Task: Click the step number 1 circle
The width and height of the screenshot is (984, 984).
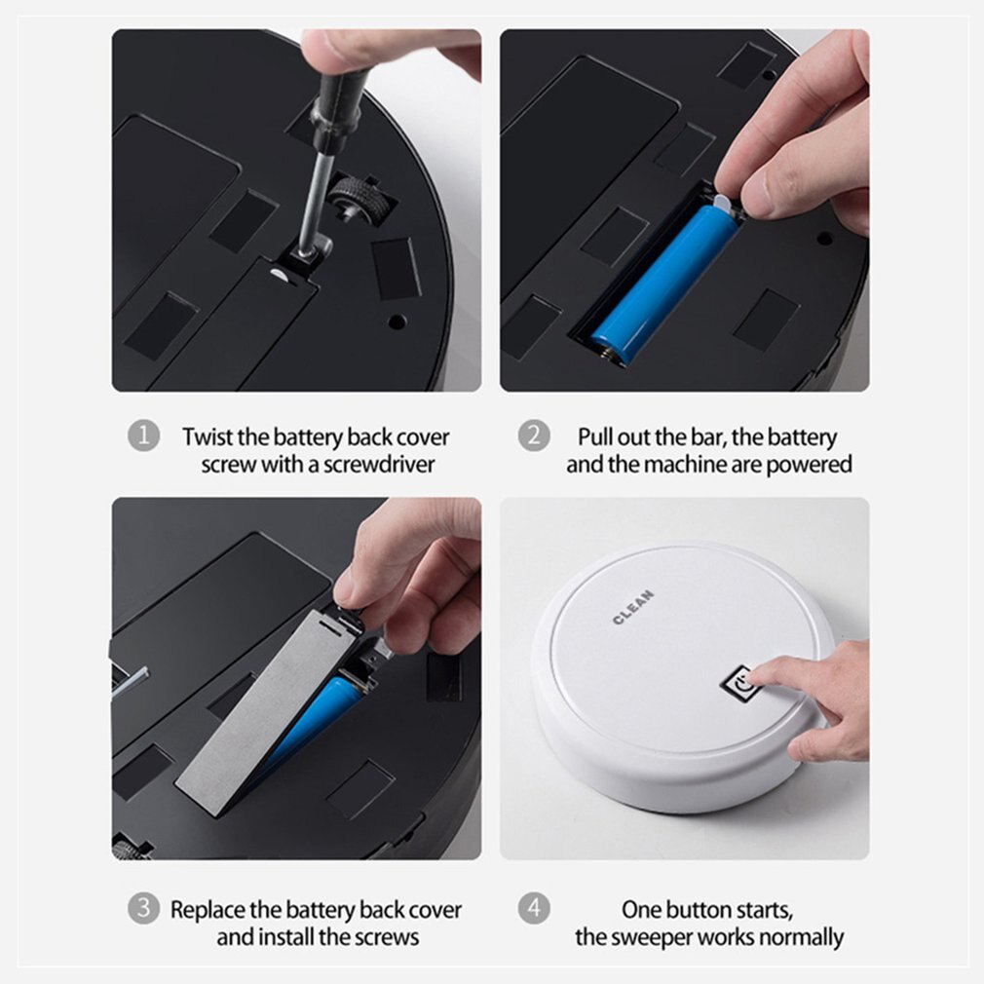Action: pos(143,435)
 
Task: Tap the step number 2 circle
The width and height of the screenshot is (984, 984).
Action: pos(533,435)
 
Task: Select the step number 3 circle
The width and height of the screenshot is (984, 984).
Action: pos(143,910)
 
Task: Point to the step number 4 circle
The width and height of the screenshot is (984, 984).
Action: pos(533,910)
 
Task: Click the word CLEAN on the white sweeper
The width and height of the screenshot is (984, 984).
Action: pos(633,607)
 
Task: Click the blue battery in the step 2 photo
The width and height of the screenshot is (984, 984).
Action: pos(662,279)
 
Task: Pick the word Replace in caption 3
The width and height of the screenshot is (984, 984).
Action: pos(208,910)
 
